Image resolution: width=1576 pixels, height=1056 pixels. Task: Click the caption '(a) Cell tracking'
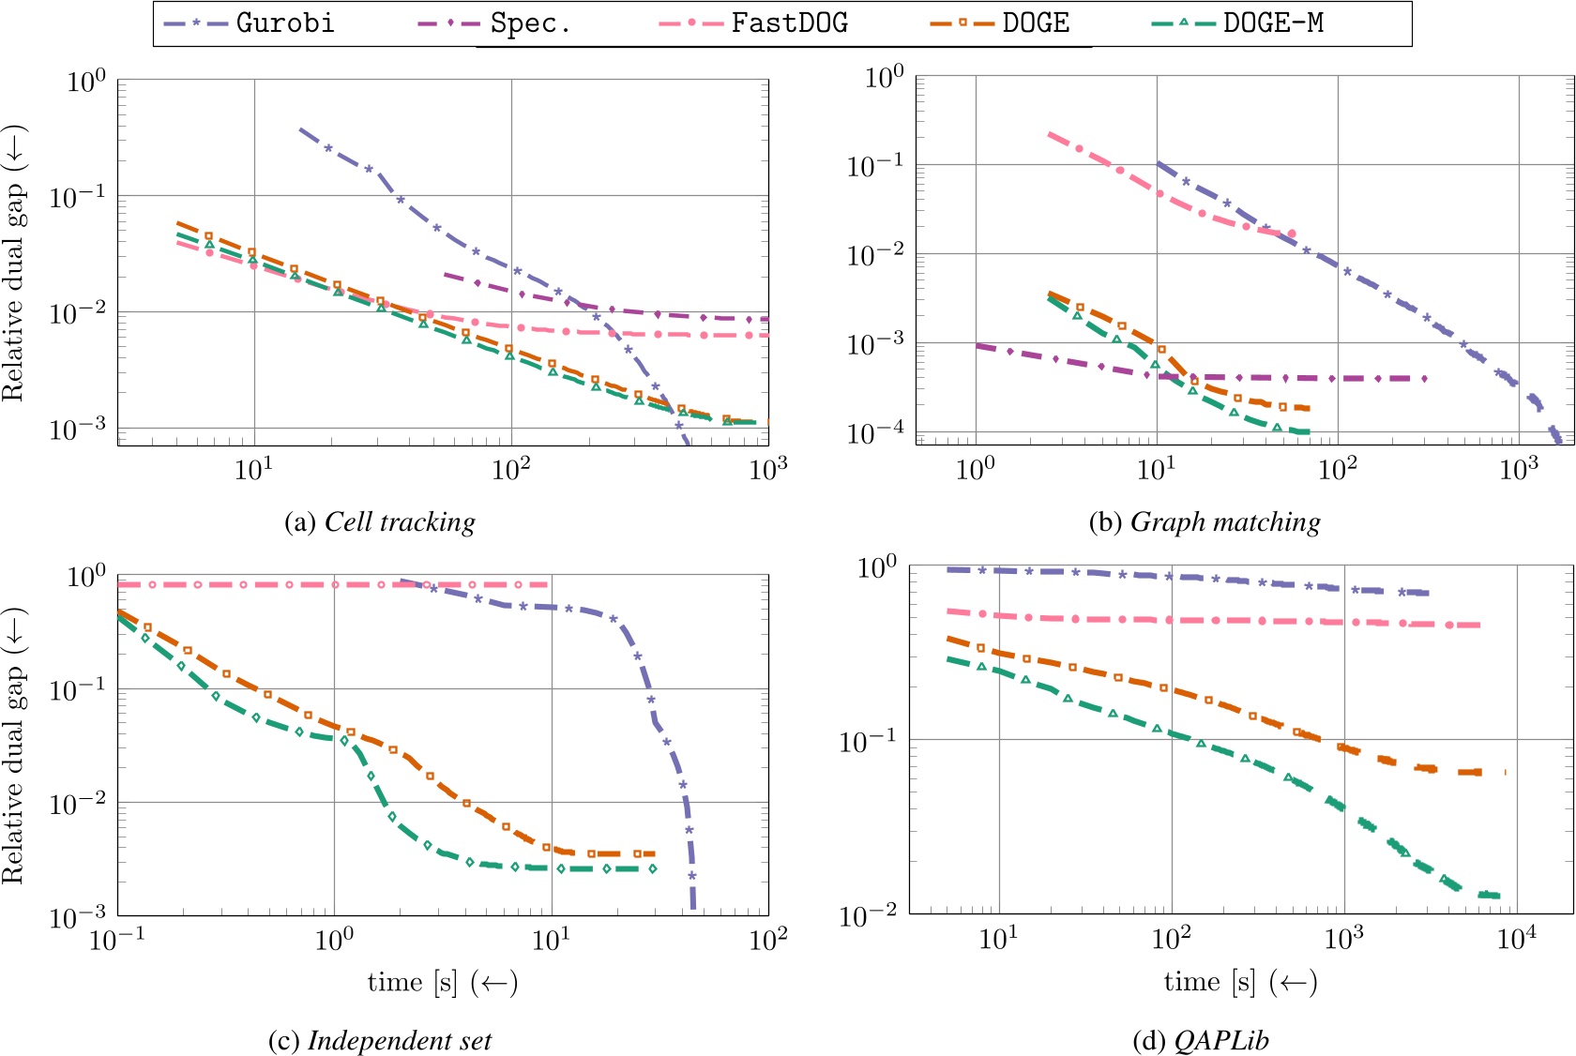click(380, 522)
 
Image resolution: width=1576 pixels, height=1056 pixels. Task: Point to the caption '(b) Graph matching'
click(1205, 522)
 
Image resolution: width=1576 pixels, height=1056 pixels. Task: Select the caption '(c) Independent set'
click(380, 1040)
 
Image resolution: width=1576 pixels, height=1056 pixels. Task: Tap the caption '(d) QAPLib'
click(1201, 1040)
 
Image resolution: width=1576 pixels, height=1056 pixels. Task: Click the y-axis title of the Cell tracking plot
click(13, 263)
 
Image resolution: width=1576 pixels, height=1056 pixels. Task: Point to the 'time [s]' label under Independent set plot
click(442, 982)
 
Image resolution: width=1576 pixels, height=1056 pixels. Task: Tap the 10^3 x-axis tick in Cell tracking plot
click(768, 468)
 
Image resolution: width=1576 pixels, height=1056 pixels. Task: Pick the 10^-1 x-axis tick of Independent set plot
click(116, 938)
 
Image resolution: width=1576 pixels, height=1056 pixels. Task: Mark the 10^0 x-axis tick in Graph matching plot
click(975, 468)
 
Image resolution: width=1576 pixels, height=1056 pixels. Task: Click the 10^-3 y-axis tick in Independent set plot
click(79, 916)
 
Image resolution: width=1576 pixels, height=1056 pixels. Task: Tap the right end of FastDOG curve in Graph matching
click(1292, 234)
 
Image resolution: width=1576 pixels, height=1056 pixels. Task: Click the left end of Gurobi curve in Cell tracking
click(299, 128)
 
